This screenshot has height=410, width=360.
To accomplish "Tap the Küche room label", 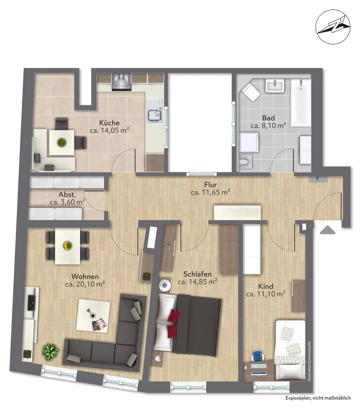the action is (x=109, y=123).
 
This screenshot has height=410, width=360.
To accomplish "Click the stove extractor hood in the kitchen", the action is (x=121, y=82).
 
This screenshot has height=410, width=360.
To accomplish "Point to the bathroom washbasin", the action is (x=275, y=86).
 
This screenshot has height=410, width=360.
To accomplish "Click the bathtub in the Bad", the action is (x=301, y=102).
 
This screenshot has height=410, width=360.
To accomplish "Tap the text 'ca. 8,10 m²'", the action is (x=268, y=125).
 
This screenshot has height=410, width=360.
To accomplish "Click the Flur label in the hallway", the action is (x=210, y=185).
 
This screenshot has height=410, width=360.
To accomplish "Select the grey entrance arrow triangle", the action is (x=328, y=230).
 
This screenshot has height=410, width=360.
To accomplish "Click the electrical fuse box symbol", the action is (x=318, y=179).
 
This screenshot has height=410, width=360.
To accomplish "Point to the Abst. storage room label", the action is (x=68, y=194).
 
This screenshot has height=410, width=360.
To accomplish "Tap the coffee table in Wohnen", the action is (x=93, y=316).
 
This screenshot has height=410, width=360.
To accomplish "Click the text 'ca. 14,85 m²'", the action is (x=197, y=282).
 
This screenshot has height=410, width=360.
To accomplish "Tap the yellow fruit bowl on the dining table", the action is (x=68, y=245).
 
